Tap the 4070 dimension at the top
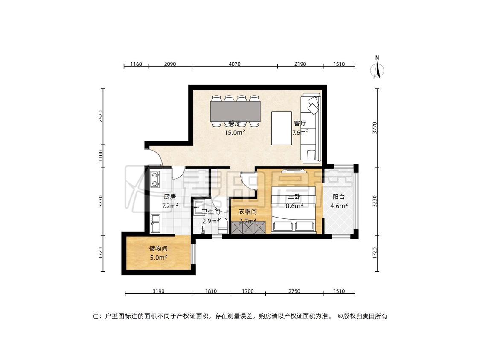pos(235,64)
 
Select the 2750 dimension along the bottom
pos(294,291)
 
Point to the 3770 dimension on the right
pos(375,128)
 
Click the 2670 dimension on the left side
pos(101,116)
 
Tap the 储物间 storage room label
pos(158,249)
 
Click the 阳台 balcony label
pos(339,197)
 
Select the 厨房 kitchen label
pos(170,197)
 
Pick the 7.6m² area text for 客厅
pos(300,133)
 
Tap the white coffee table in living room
pos(282,128)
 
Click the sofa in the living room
pos(311,128)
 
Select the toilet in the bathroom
pos(223,226)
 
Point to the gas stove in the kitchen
pos(155,179)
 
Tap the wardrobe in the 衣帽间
pos(248,227)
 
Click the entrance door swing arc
pos(159,157)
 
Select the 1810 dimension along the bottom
pos(211,291)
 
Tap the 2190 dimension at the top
pos(300,64)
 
